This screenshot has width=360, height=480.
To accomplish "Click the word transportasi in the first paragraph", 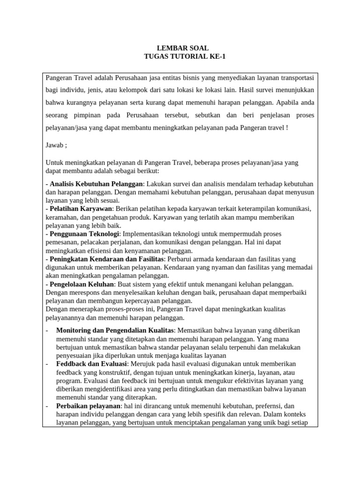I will point(298,76).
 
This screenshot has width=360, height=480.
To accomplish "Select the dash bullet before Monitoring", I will point(47,330).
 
